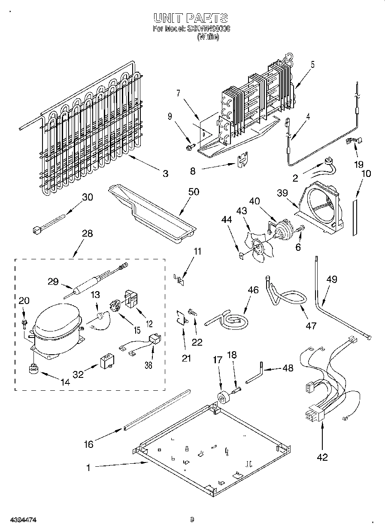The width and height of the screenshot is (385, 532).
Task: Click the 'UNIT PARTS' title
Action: click(x=191, y=18)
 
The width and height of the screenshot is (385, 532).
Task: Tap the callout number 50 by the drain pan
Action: click(x=194, y=192)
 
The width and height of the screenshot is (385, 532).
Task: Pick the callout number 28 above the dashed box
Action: click(x=87, y=234)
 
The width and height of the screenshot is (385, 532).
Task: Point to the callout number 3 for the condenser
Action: click(x=165, y=173)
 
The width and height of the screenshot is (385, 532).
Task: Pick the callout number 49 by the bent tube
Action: click(x=331, y=280)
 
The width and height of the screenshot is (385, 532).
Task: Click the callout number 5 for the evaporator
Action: click(x=312, y=65)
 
